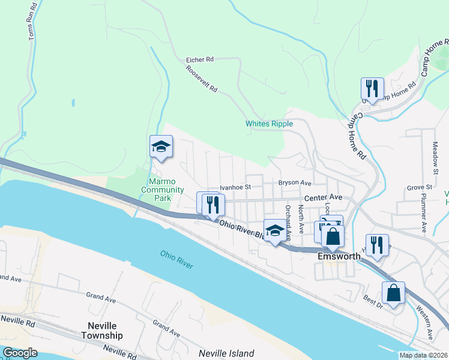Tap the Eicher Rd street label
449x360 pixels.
coord(200,60)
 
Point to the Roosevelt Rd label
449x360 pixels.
coord(201,79)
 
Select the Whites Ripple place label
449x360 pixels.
coord(269,124)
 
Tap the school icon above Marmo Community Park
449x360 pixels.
coord(161,147)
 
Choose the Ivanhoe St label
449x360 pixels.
coord(235,187)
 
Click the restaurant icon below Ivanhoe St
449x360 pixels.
coord(211,204)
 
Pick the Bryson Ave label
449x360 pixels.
coord(294,182)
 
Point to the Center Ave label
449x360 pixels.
coord(323,197)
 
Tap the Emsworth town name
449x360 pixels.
coord(339,256)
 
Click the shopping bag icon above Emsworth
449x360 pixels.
coord(333,236)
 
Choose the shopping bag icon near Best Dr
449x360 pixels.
coord(393,293)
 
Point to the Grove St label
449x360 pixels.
coord(419,188)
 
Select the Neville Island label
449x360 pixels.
coord(227,353)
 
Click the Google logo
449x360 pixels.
coord(20,353)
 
